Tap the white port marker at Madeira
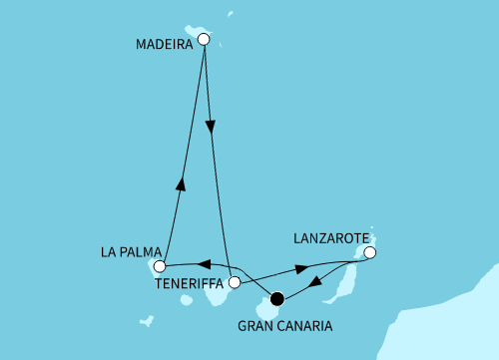coord(204,40)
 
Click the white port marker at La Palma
coord(160,265)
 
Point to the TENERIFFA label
coord(191,282)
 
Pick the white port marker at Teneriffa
coord(235,283)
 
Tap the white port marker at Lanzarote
coord(369,253)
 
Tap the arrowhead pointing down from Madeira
coord(209,128)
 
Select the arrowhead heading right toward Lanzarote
coord(299,269)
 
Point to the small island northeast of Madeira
coord(230,15)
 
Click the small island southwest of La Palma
coord(146,321)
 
